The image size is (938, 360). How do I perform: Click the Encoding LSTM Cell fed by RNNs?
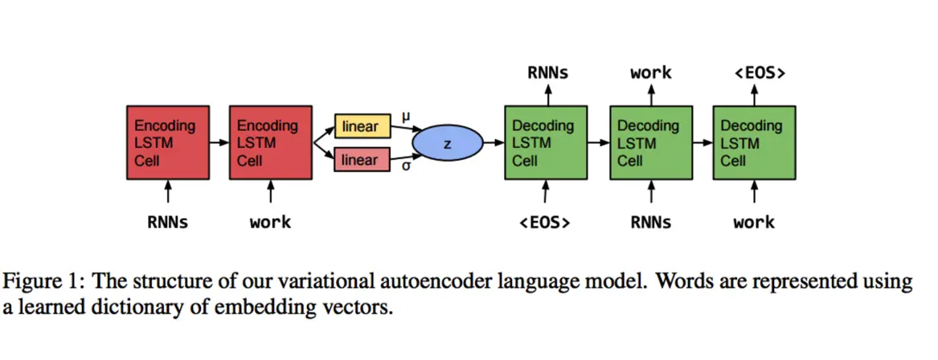167,143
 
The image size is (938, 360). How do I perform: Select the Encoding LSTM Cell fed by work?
270,143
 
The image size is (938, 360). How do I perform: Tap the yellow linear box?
362,127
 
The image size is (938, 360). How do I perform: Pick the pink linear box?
362,160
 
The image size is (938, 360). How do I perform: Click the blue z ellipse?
447,143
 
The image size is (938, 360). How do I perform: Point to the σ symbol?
406,166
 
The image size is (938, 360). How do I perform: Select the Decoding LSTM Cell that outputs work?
650,143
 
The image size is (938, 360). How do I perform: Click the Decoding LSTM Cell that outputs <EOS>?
754,143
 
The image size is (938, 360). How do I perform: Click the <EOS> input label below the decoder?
546,223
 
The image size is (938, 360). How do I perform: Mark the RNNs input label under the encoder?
167,223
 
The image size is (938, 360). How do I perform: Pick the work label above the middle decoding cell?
650,73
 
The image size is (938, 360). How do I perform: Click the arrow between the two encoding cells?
219,143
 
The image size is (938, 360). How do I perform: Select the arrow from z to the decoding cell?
493,143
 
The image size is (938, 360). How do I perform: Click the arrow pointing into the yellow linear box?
323,133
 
